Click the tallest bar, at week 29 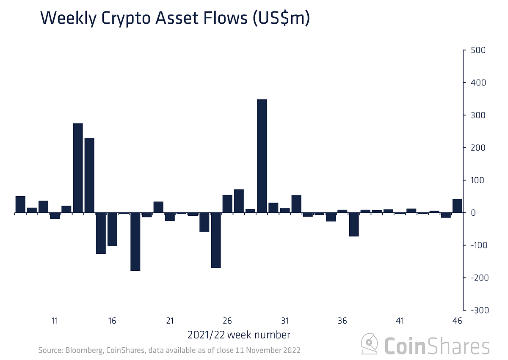coord(262,156)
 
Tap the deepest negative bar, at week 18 coord(135,242)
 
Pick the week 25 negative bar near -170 coord(216,240)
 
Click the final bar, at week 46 coord(457,206)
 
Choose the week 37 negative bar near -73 coord(353,225)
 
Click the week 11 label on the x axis coord(55,321)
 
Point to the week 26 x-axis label coord(227,321)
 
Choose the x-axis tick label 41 coord(400,321)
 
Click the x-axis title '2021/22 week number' coord(239,335)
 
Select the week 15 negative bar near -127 coord(101,233)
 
